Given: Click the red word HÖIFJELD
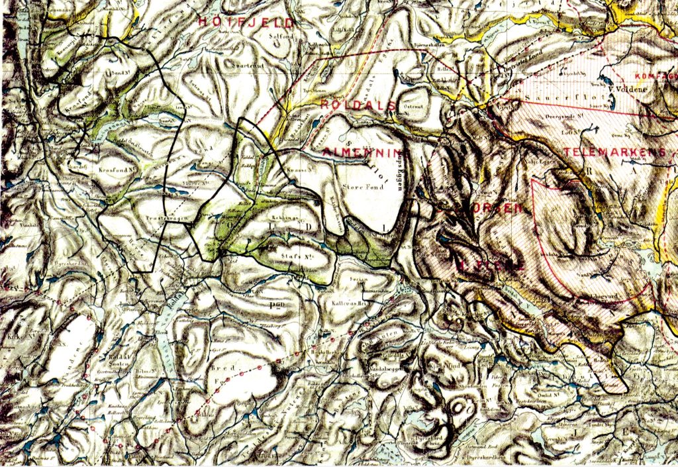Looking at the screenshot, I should pos(246,22).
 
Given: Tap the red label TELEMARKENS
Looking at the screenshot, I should pos(615,152).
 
